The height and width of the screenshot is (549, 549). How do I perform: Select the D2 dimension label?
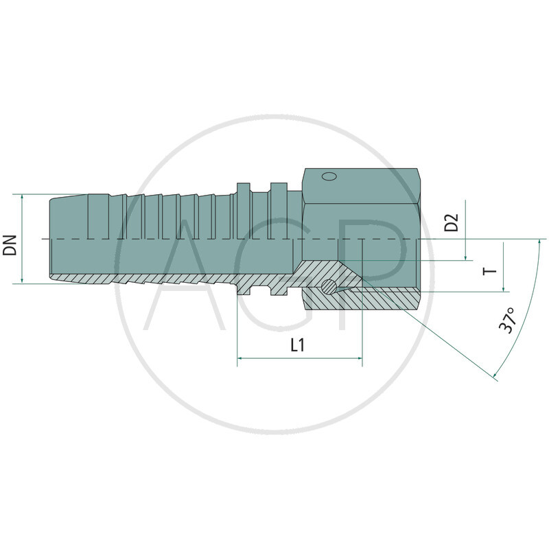tap(451, 223)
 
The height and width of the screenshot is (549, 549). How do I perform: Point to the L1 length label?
tap(297, 346)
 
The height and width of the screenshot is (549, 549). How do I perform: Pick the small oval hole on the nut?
tap(329, 176)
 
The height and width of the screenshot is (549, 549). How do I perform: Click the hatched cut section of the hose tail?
tap(172, 281)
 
